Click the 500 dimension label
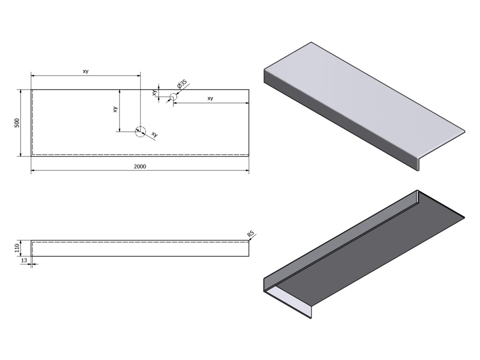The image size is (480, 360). (17, 123)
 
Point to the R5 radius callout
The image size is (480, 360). (251, 233)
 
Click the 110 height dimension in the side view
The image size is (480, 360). (17, 248)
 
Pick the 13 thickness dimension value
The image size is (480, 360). (23, 261)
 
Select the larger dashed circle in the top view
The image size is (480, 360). (140, 131)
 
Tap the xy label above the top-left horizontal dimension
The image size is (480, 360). (85, 71)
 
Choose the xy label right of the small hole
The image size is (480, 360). (210, 98)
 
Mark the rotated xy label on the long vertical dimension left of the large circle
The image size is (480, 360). (115, 110)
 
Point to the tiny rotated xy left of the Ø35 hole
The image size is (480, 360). (154, 92)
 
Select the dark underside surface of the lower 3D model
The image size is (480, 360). (375, 253)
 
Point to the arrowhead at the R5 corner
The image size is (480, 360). (249, 239)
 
